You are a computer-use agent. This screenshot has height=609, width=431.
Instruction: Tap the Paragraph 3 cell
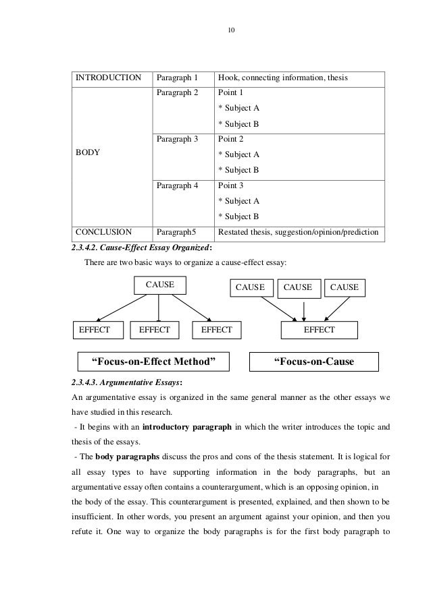[x=176, y=139]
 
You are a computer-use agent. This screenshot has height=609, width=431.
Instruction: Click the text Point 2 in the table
[x=230, y=139]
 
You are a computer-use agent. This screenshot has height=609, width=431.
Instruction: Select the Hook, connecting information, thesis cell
[x=282, y=78]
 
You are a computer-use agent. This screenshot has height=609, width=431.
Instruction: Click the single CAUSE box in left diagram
[x=159, y=286]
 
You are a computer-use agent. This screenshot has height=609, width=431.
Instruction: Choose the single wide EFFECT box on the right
[x=320, y=330]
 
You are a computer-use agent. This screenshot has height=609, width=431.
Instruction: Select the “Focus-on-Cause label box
[x=313, y=362]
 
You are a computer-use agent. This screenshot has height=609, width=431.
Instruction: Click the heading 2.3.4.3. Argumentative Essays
[x=120, y=382]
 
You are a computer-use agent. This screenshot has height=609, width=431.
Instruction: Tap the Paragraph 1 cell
[x=176, y=78]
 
